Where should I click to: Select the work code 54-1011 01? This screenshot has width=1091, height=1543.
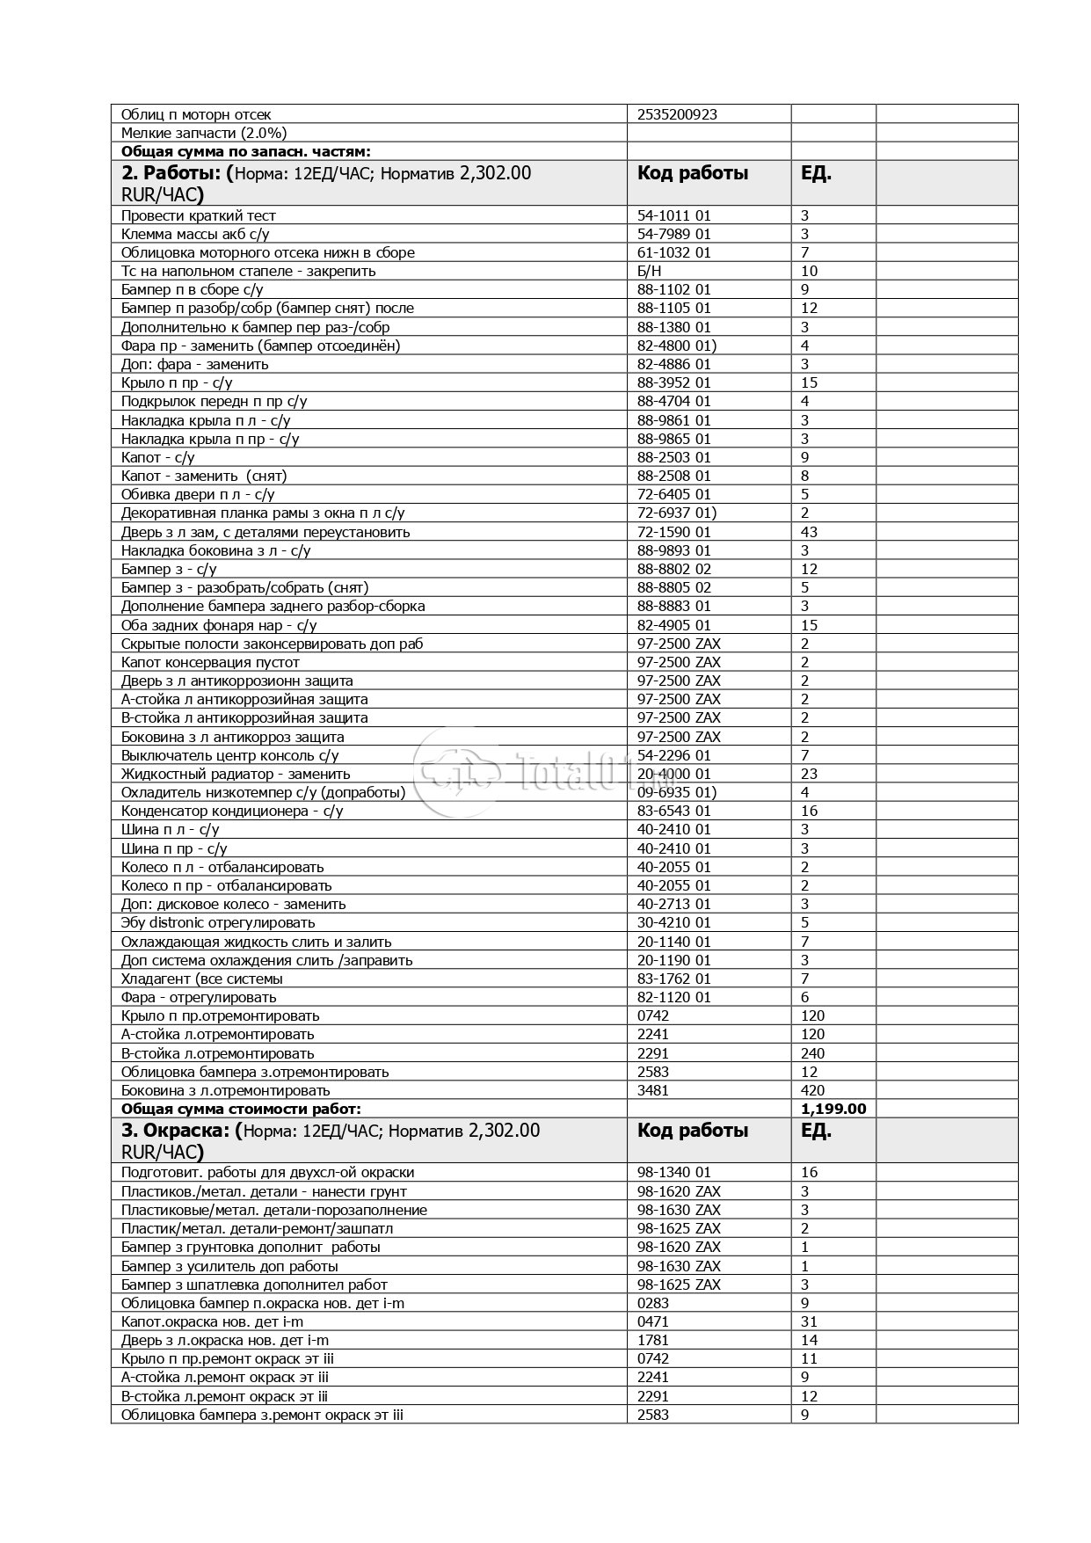point(673,215)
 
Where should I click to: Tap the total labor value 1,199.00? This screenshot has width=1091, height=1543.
point(833,1109)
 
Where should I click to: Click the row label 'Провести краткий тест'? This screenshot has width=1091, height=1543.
point(199,215)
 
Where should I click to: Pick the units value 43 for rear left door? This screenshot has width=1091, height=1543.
point(809,532)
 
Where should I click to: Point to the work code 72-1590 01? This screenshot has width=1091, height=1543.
point(673,532)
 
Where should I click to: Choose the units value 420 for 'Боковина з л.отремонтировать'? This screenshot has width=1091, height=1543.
point(812,1090)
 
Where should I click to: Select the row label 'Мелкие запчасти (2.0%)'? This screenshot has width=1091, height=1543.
point(204,133)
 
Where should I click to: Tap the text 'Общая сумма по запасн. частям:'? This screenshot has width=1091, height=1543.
point(246,152)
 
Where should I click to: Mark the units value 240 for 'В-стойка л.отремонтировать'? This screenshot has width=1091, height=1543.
point(812,1053)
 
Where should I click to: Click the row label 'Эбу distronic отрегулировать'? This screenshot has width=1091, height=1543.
point(218,922)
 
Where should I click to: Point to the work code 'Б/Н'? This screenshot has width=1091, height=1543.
point(650,271)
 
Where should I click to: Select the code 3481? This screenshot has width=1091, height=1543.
point(652,1090)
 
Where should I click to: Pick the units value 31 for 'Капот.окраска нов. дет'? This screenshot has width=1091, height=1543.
point(809,1321)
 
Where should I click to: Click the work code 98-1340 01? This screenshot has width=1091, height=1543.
point(673,1172)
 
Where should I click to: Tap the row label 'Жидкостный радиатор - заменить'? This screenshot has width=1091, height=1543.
point(236,774)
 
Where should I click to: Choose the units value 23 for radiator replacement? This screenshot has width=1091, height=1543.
point(809,774)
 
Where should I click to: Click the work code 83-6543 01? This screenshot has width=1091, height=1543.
point(673,811)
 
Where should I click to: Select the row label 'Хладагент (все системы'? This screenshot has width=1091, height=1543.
point(202,979)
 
